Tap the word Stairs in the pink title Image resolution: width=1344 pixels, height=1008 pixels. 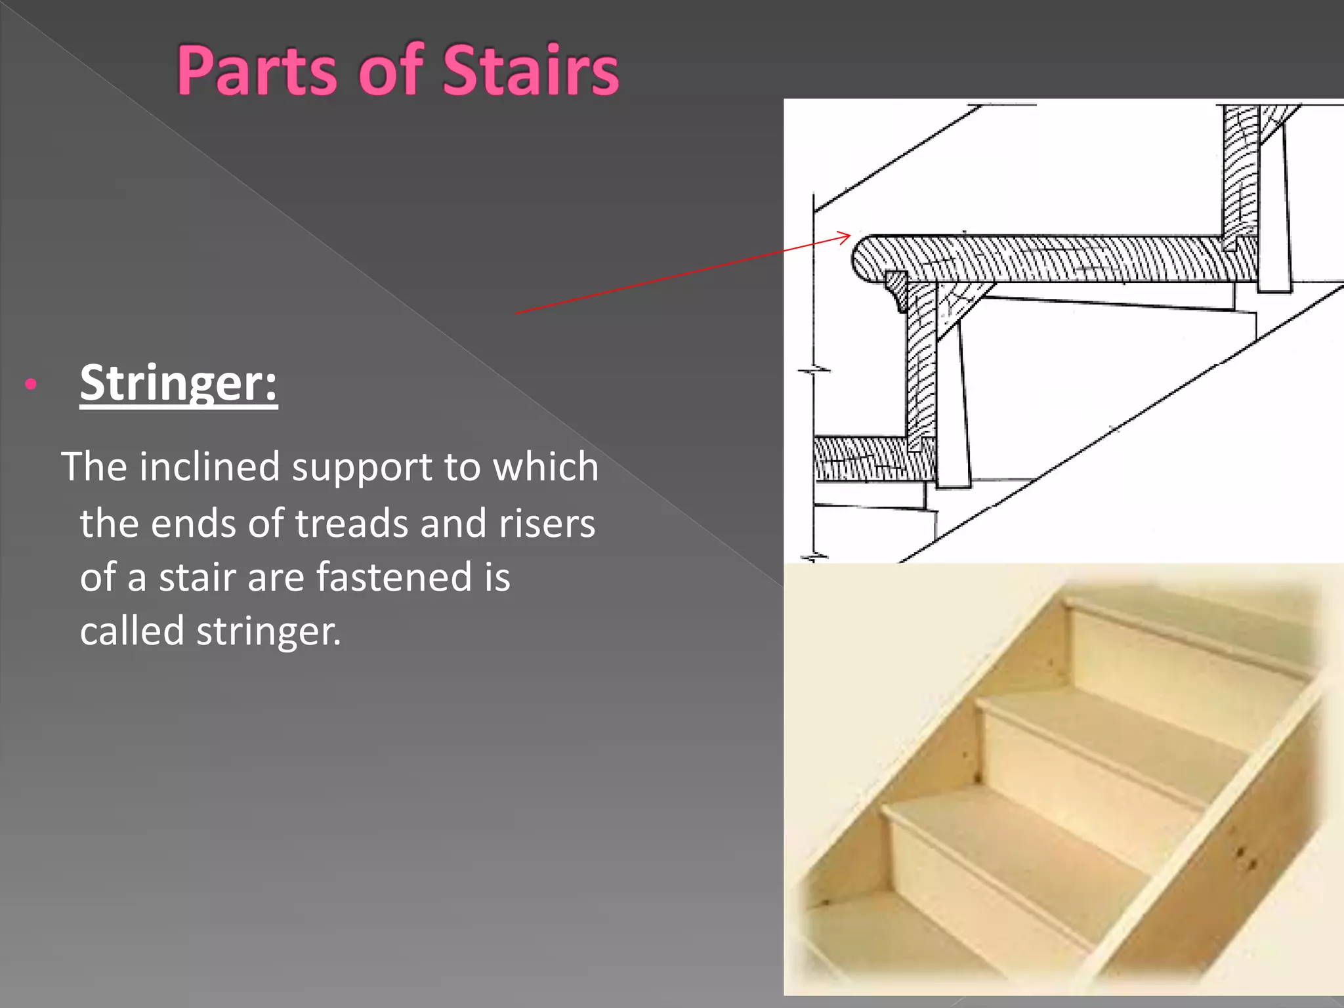(x=530, y=71)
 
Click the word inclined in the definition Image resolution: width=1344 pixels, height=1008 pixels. (x=209, y=467)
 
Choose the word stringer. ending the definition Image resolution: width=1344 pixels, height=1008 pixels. (x=269, y=632)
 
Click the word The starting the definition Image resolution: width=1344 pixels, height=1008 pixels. (x=94, y=467)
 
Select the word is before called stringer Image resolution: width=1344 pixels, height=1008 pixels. (x=497, y=577)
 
